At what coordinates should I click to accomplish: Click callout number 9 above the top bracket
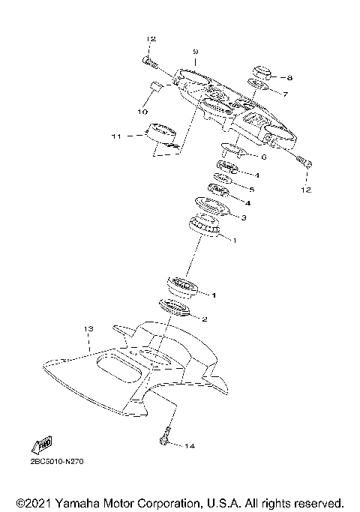(194, 51)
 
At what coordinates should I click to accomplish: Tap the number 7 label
(284, 94)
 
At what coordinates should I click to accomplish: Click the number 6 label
(263, 157)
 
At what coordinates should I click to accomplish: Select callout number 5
(251, 190)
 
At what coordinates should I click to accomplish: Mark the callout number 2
(204, 319)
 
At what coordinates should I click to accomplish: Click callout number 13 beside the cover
(88, 329)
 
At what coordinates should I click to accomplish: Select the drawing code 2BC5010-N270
(57, 462)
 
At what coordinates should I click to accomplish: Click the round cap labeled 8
(262, 73)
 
